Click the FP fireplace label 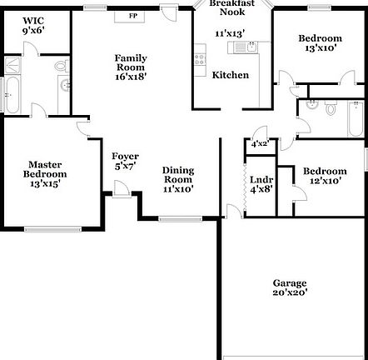point(132,16)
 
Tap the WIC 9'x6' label point(34,25)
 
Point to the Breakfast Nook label point(226,8)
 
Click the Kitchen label point(231,75)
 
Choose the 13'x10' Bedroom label point(320,44)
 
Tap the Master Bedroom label point(47,173)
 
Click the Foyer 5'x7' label point(125,161)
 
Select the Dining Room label point(178,179)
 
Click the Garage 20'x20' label point(289,287)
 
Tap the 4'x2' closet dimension point(260,144)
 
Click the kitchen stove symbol point(198,59)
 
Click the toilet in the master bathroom point(59,67)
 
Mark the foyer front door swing point(122,190)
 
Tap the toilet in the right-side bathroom point(331,107)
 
